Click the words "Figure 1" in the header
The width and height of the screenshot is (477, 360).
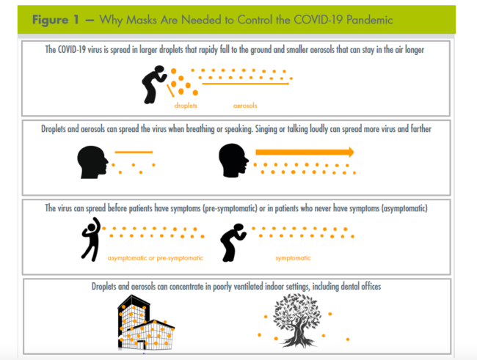56,20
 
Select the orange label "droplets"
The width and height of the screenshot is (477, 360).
186,106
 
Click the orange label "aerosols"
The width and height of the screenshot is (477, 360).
245,106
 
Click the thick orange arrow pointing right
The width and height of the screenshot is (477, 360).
304,153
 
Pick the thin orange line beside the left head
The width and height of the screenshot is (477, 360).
134,153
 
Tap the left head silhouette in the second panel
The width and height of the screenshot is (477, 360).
93,161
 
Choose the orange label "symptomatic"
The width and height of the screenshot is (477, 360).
293,258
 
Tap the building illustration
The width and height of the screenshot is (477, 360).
144,321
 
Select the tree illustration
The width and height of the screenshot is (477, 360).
297,320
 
